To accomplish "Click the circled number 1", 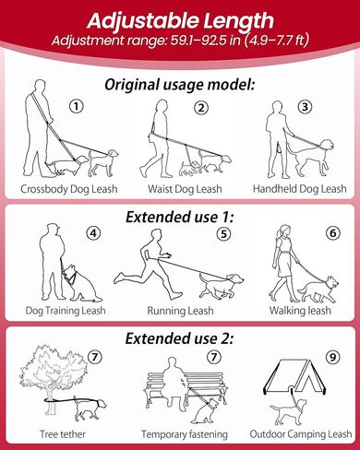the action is point(77,107).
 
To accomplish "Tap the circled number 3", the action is point(305,107).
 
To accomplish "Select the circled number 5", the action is point(223,234).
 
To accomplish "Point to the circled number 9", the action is point(332,358).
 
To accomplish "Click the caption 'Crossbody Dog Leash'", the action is point(69,189).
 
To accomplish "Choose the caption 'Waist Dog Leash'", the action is point(185,189).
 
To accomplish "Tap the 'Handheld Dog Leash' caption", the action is point(300,189).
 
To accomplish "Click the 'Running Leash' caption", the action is point(180,311).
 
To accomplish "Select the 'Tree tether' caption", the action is point(63,434).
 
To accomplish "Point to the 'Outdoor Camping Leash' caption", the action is point(300,434).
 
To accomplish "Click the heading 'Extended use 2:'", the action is point(179,338).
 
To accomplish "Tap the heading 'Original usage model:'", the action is point(180,85).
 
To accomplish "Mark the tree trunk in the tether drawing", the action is point(50,398).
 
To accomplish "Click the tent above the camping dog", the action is point(294,377).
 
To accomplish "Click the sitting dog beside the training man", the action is point(81,284).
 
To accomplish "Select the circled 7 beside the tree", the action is point(95,357).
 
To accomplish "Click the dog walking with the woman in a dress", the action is point(318,290).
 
